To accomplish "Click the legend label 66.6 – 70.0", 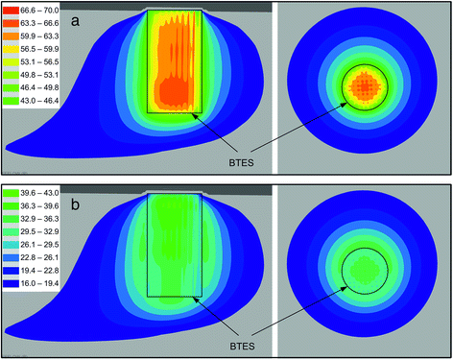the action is coord(39,11).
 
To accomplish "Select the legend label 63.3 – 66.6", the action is coord(39,23).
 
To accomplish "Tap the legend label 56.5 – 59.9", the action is coord(39,49).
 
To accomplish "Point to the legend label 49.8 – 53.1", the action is coord(39,75).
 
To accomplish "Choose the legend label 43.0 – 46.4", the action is coord(39,101).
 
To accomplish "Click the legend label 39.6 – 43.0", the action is coord(39,193).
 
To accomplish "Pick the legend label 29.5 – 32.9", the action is coord(39,231).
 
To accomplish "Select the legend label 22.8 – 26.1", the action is coord(39,257).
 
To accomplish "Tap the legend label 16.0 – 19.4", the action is coord(39,283).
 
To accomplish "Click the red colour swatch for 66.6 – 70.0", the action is coord(12,11).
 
